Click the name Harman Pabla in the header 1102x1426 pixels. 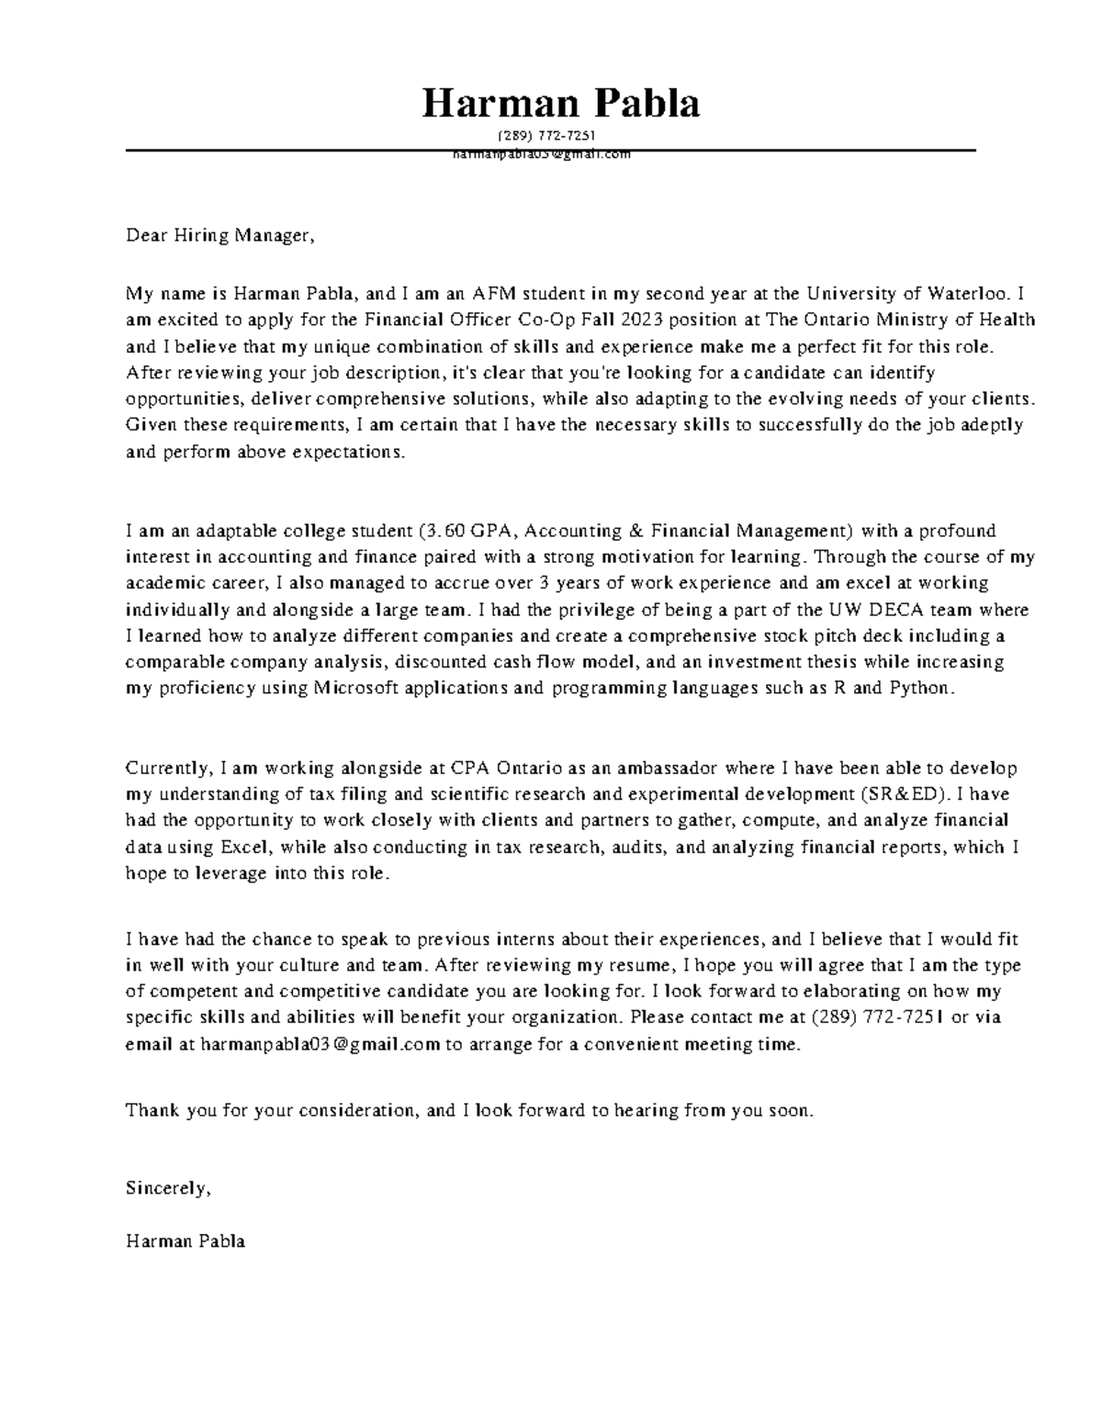click(560, 104)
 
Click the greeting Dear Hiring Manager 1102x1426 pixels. click(220, 236)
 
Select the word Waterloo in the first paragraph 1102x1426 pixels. click(966, 294)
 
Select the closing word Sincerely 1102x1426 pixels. click(168, 1188)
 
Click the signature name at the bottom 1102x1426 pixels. click(186, 1241)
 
